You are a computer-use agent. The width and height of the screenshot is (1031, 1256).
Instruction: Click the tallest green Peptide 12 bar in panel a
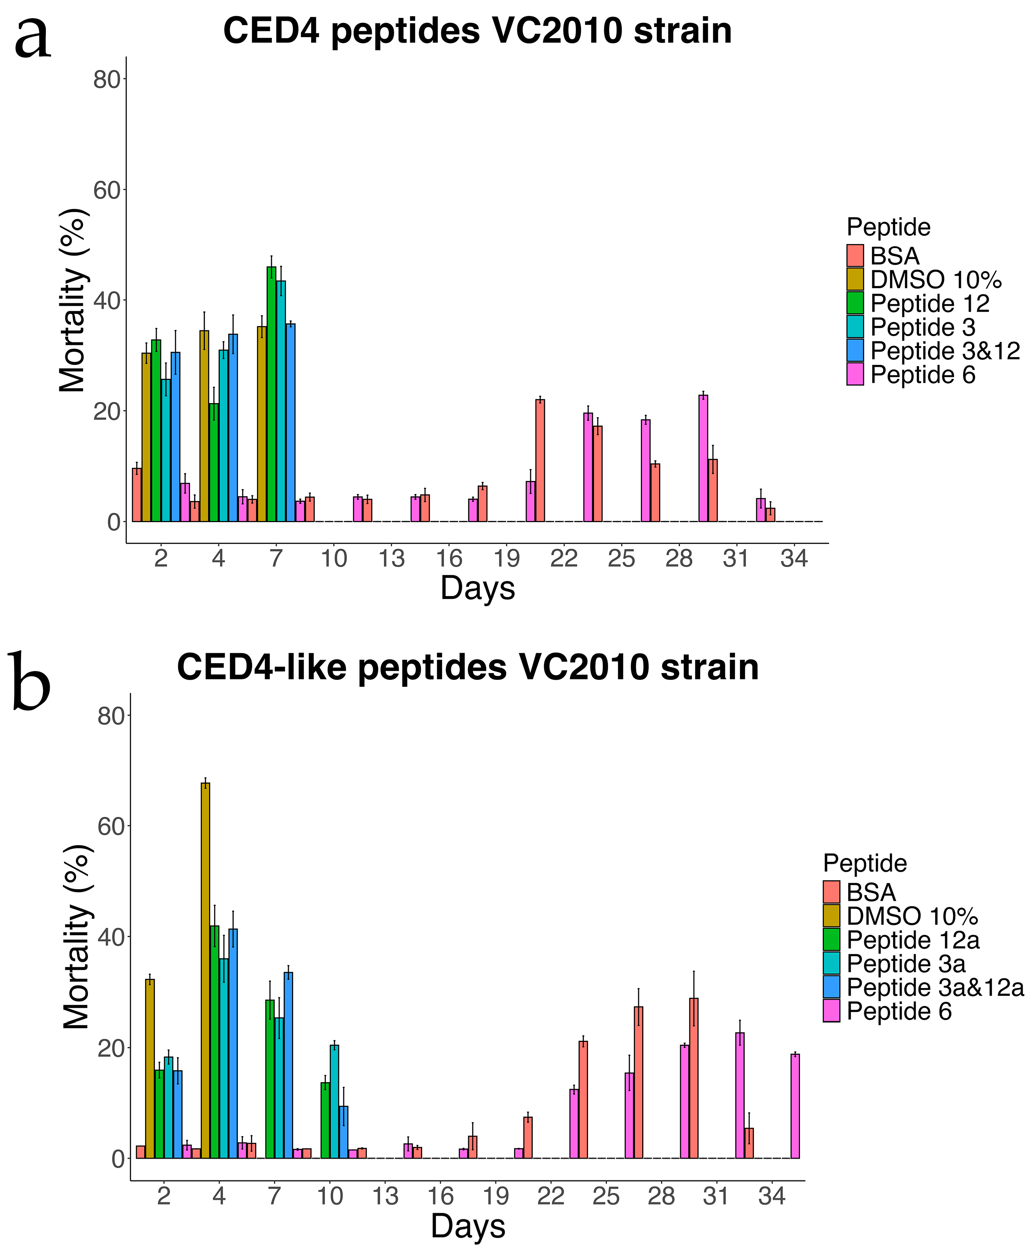(271, 394)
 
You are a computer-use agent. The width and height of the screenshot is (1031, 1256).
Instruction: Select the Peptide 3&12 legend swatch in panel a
(855, 351)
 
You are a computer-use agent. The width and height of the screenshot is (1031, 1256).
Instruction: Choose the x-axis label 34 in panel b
(772, 1195)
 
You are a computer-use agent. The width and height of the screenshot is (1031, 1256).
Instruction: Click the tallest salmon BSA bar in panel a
(540, 461)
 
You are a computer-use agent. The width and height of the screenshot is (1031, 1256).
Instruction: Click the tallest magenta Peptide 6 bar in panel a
(703, 459)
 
